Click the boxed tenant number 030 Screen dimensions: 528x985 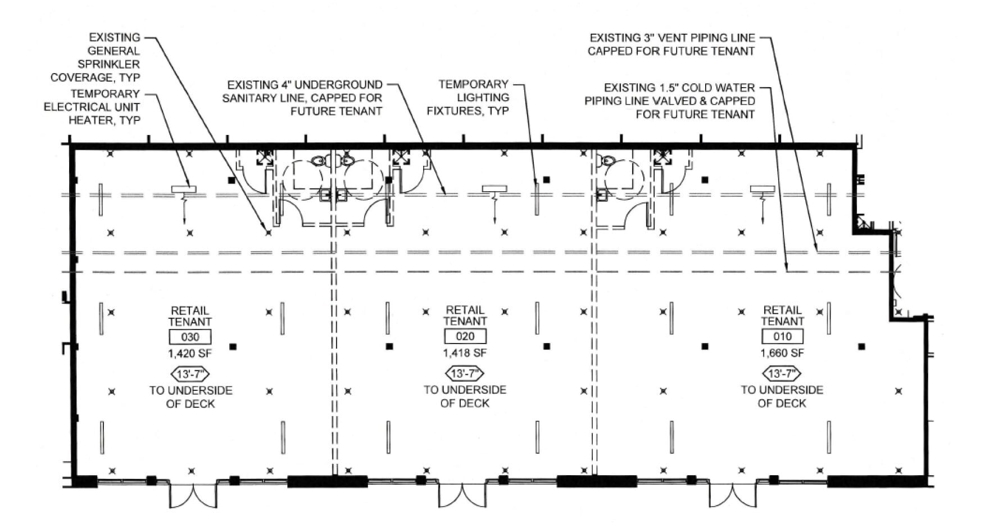pyautogui.click(x=190, y=337)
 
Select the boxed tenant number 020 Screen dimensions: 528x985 pyautogui.click(x=465, y=337)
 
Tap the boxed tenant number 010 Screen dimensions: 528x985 pyautogui.click(x=782, y=337)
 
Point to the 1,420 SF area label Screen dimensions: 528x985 pyautogui.click(x=190, y=354)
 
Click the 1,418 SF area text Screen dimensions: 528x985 pyautogui.click(x=465, y=353)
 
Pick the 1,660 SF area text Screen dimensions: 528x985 pyautogui.click(x=782, y=353)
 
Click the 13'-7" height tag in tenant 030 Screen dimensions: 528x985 pyautogui.click(x=190, y=374)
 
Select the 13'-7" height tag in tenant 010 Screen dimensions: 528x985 pyautogui.click(x=782, y=373)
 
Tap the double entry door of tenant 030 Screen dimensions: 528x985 pyautogui.click(x=193, y=495)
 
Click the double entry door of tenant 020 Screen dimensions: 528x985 pyautogui.click(x=461, y=495)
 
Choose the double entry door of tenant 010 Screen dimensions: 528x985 pyautogui.click(x=732, y=495)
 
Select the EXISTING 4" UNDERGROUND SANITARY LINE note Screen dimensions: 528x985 pyautogui.click(x=303, y=98)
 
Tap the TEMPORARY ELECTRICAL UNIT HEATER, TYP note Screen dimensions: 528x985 pyautogui.click(x=93, y=107)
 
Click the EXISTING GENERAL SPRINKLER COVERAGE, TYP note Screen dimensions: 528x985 pyautogui.click(x=96, y=57)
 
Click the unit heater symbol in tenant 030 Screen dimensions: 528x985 pyautogui.click(x=184, y=189)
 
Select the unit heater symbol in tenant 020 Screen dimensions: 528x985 pyautogui.click(x=494, y=189)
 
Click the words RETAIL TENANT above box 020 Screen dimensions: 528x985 pyautogui.click(x=465, y=315)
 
